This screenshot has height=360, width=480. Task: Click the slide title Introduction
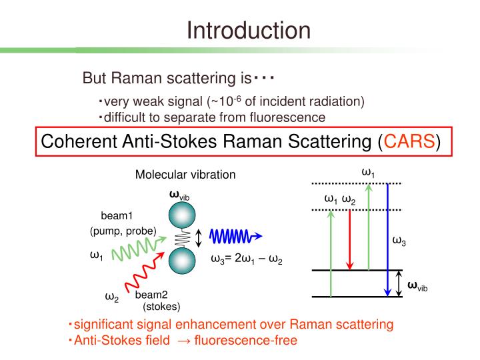click(248, 30)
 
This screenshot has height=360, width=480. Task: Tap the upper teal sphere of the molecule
click(181, 215)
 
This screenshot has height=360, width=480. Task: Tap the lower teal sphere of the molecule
click(181, 261)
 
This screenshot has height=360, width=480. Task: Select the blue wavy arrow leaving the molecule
click(235, 237)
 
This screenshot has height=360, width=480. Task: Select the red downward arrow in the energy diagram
click(350, 240)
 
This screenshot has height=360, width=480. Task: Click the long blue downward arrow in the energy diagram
click(388, 240)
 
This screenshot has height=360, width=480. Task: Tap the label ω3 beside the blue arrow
click(399, 241)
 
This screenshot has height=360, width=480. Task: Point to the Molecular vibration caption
click(185, 175)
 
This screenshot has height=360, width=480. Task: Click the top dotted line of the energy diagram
click(357, 183)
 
